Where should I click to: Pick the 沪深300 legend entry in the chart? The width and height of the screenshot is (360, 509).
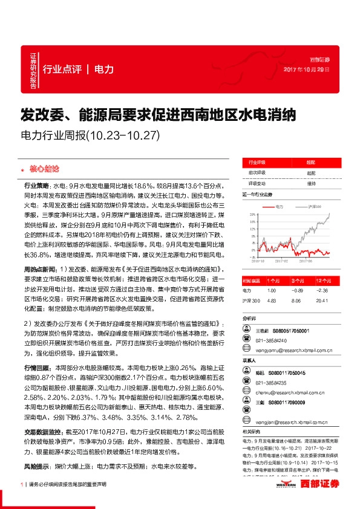[315, 207]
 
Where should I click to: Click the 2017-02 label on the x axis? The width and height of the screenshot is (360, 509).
[281, 262]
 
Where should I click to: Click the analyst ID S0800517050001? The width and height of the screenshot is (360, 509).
[290, 331]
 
